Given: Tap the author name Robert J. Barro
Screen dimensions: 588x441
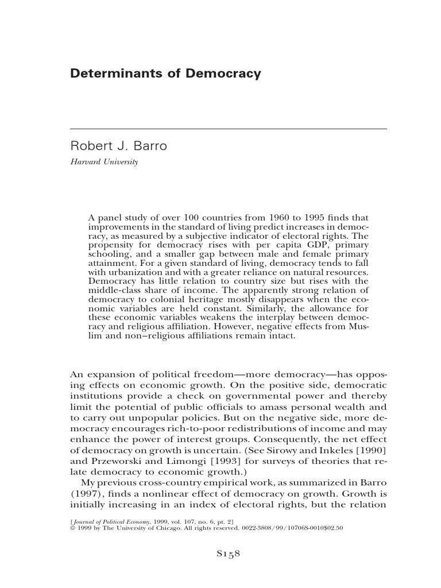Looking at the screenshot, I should pos(118,146).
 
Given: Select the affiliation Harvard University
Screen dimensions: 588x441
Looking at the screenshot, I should pos(104,162).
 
